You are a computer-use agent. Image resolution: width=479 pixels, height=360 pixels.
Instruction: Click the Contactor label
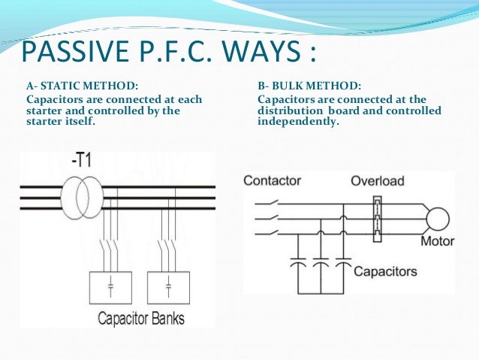click(272, 181)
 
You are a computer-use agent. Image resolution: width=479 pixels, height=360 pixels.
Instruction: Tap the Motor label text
click(437, 242)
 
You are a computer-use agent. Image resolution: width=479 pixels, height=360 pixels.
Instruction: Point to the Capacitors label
click(385, 271)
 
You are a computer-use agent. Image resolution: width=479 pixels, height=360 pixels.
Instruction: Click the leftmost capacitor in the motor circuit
click(299, 265)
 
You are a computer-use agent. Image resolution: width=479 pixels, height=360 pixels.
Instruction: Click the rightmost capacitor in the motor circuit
click(342, 265)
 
